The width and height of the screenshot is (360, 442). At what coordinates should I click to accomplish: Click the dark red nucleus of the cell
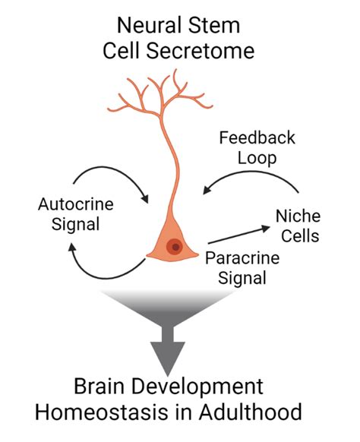coord(175,247)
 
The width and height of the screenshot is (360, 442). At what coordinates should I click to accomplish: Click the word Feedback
coord(257,138)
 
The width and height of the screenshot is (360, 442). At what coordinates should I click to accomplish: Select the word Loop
coord(257,160)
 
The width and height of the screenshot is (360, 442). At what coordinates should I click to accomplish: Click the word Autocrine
coord(70,204)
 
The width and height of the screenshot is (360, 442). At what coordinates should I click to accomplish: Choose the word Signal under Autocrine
coord(70,226)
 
